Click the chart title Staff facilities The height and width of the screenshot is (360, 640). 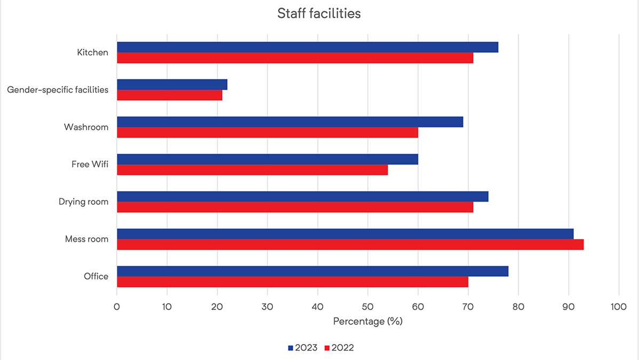pyautogui.click(x=319, y=14)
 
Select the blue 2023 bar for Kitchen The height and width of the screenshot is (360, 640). pyautogui.click(x=307, y=47)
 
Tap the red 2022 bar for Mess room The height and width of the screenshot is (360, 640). pyautogui.click(x=350, y=244)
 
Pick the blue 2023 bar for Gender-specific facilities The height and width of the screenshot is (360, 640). pyautogui.click(x=172, y=84)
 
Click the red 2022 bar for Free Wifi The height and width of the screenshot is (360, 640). pyautogui.click(x=252, y=170)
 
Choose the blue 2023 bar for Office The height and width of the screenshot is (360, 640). pyautogui.click(x=313, y=271)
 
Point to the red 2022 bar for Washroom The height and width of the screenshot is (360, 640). pyautogui.click(x=267, y=132)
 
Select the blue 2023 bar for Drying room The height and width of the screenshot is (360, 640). pyautogui.click(x=302, y=196)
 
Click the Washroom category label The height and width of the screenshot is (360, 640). pyautogui.click(x=86, y=127)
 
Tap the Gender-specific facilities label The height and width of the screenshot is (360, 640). pyautogui.click(x=58, y=90)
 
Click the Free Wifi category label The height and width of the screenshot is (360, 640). pyautogui.click(x=90, y=164)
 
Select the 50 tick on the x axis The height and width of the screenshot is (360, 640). pyautogui.click(x=367, y=307)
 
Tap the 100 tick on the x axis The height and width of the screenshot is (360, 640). pyautogui.click(x=619, y=307)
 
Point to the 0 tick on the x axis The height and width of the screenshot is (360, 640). pyautogui.click(x=117, y=307)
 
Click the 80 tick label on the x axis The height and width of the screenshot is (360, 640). pyautogui.click(x=518, y=307)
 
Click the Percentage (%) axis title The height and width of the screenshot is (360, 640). pyautogui.click(x=367, y=322)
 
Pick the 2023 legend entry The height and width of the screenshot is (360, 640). pyautogui.click(x=303, y=348)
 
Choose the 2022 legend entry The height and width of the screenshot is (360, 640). pyautogui.click(x=338, y=348)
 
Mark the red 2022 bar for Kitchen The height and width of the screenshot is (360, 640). pyautogui.click(x=295, y=58)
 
